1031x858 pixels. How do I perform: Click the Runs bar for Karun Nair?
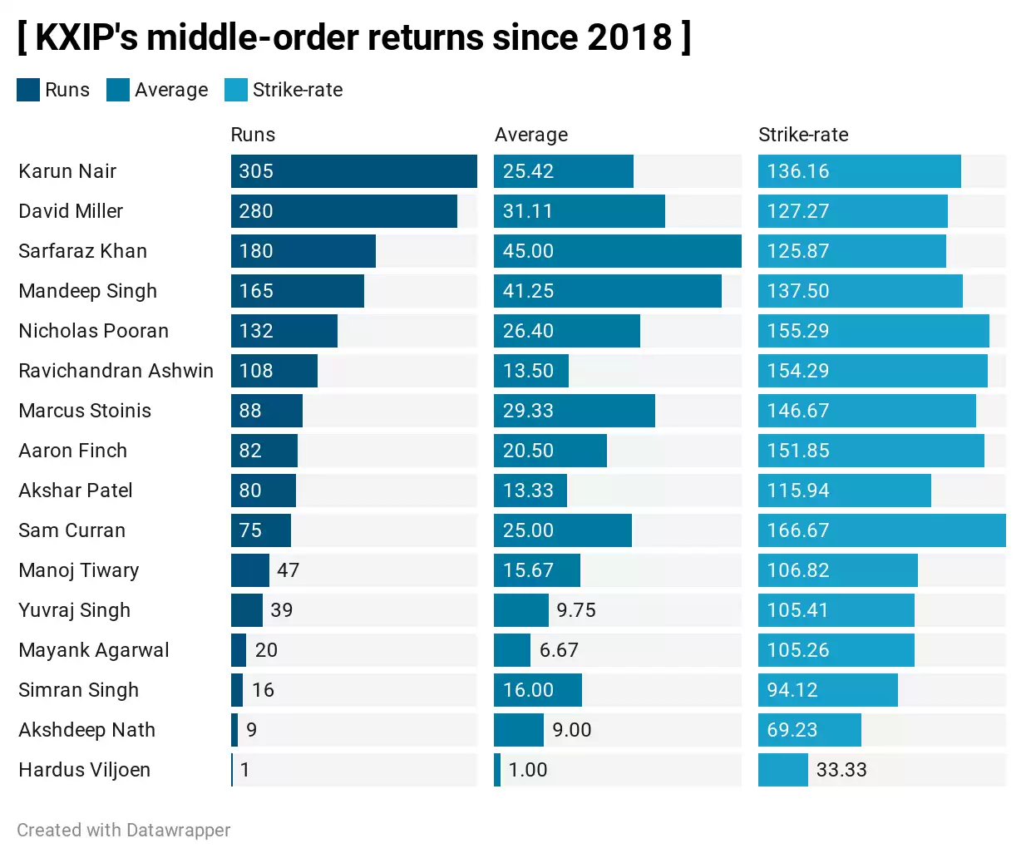(353, 171)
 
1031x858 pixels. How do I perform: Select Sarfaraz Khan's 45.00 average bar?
(617, 251)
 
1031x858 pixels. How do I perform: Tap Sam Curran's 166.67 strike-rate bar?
(881, 530)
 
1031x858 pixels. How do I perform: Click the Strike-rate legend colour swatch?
(236, 90)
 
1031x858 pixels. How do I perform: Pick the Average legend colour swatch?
(118, 90)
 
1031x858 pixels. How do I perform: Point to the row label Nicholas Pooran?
(93, 331)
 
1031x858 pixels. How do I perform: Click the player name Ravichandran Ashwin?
(116, 371)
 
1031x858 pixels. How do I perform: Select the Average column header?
(531, 135)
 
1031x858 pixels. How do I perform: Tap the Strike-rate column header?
(803, 135)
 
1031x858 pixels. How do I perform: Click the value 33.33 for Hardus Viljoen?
(841, 770)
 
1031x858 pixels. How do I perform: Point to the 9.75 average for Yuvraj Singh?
(576, 610)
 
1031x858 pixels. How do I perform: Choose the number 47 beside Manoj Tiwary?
(288, 570)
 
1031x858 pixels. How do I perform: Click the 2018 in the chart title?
(629, 37)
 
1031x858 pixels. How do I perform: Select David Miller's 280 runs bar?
(343, 211)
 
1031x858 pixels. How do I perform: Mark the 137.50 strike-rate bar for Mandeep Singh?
(860, 291)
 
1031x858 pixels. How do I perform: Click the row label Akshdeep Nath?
(86, 730)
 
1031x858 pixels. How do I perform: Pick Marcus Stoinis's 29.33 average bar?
(574, 411)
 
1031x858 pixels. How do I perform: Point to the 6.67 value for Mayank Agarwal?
(559, 650)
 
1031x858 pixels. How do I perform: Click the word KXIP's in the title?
(86, 37)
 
